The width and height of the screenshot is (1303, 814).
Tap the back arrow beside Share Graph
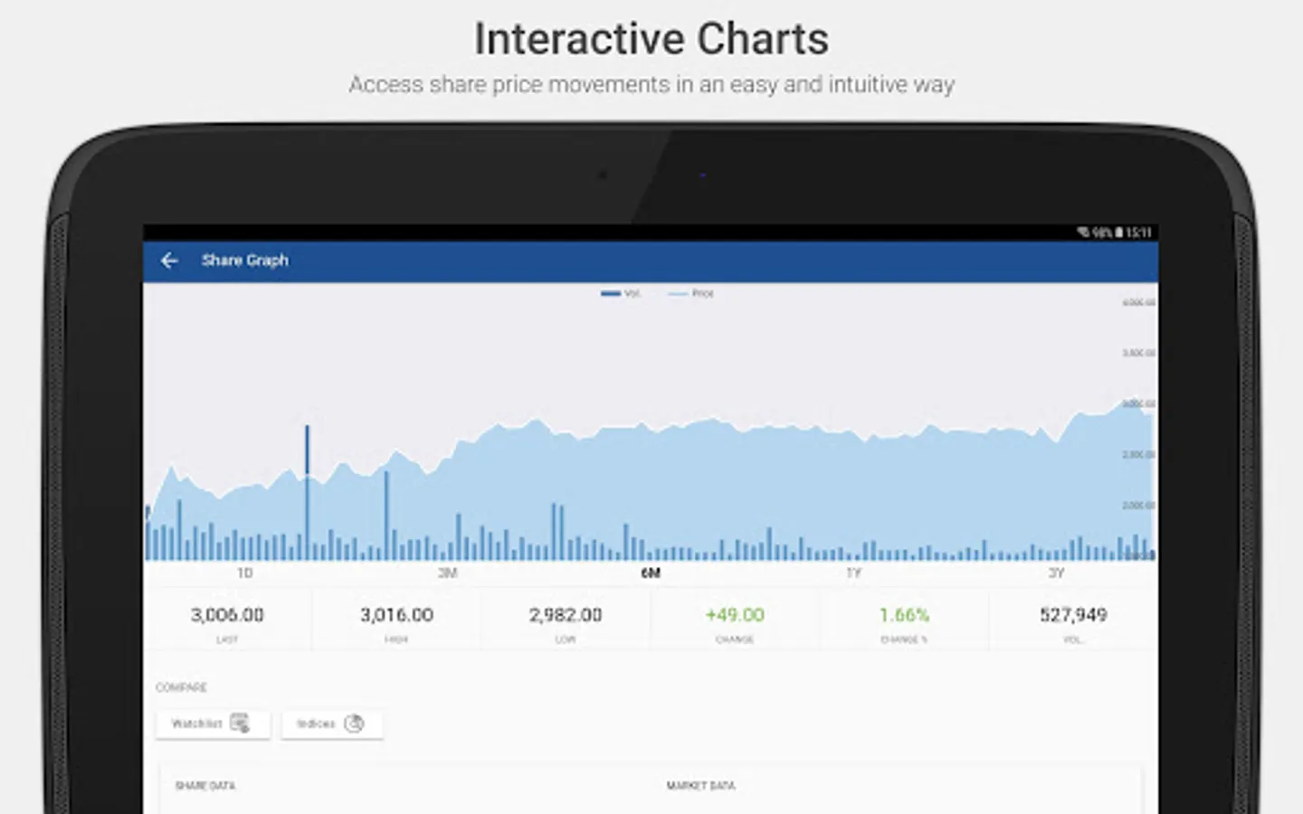[x=169, y=260]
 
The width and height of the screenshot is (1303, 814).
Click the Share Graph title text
[x=244, y=260]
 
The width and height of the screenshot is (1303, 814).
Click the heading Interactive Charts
[x=651, y=39]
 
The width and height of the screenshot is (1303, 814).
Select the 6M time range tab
[x=651, y=573]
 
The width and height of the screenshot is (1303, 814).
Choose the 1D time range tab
[x=244, y=573]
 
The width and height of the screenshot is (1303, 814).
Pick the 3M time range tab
[x=448, y=573]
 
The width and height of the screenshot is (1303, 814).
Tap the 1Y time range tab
[x=853, y=573]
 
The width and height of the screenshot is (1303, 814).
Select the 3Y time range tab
[x=1056, y=573]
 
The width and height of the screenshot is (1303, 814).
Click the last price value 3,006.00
[x=227, y=615]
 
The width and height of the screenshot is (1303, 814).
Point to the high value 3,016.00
[x=396, y=615]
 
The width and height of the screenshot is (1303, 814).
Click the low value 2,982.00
[x=566, y=615]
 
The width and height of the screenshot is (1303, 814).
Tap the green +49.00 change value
[x=735, y=615]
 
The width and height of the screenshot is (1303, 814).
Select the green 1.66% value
[x=904, y=615]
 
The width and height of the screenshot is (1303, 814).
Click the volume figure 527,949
[x=1073, y=615]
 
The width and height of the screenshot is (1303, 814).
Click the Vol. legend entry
[x=622, y=293]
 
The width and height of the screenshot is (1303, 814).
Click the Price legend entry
[x=692, y=293]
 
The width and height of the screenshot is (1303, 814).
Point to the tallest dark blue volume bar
[x=308, y=488]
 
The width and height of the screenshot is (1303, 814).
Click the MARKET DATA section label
[x=700, y=786]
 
